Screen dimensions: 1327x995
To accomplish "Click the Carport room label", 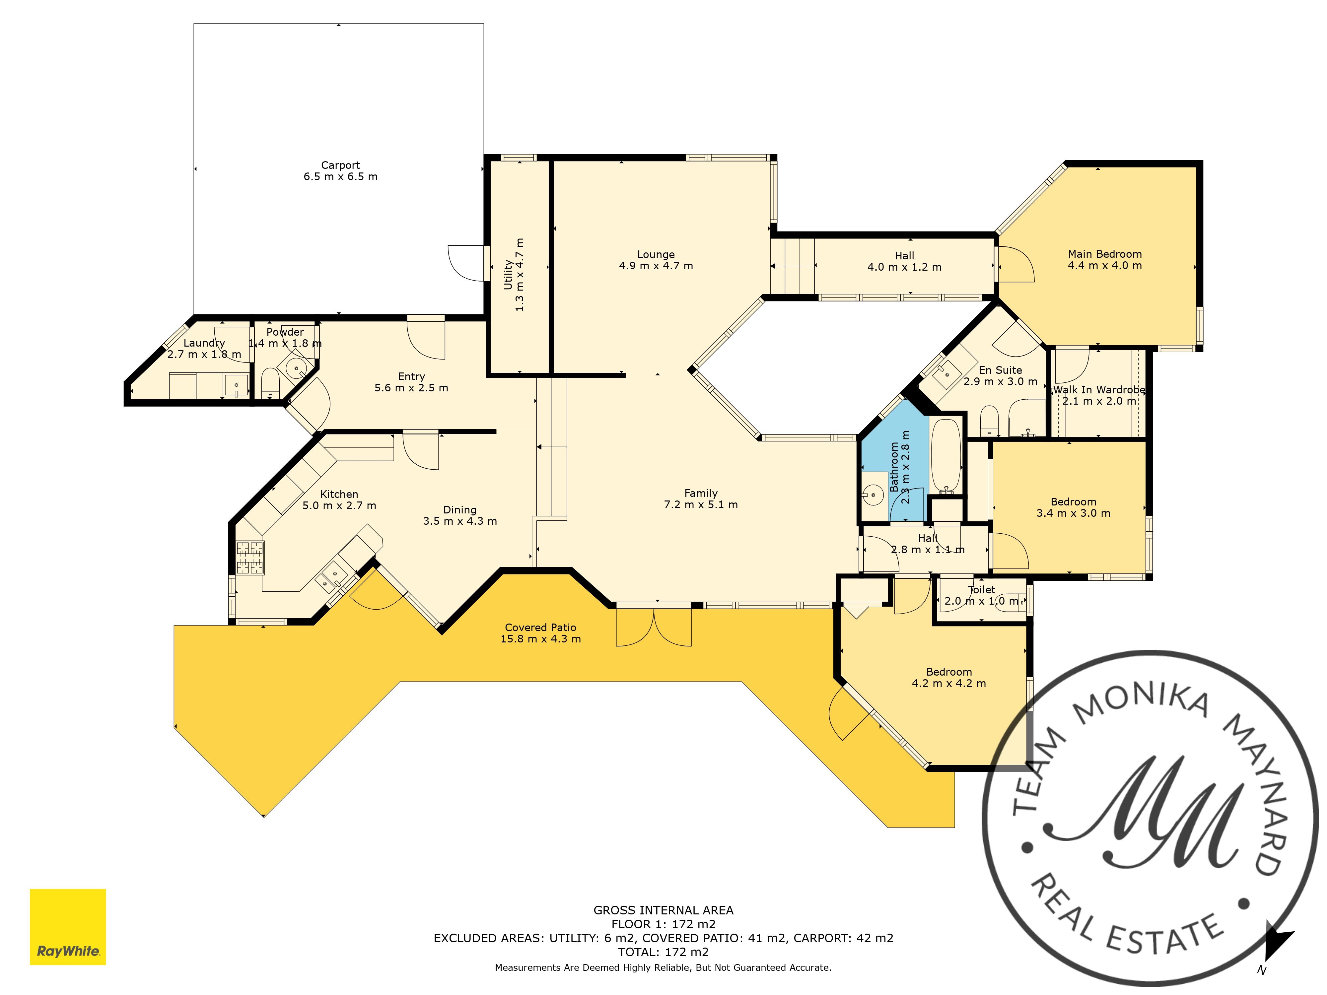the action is point(340,165).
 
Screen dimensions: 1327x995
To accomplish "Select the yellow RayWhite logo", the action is point(68,927).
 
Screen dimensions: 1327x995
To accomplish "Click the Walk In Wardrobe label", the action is point(1099,390).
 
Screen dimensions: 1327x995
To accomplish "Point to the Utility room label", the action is point(508,275).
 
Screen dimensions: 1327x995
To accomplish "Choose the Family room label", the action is point(701,493).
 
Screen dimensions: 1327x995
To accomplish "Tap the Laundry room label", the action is point(204,343).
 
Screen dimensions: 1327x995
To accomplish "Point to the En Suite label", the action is point(1000,370).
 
